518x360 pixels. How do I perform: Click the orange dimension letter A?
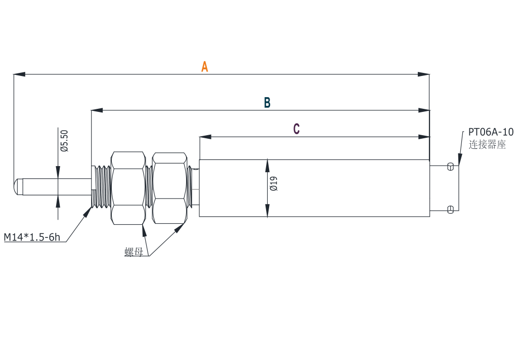(204, 67)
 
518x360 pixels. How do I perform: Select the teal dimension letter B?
(267, 103)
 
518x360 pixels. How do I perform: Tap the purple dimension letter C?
(296, 129)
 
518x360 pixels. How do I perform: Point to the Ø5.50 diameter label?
(64, 141)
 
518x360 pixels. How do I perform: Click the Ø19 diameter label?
(274, 183)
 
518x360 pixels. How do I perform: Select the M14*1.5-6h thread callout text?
(32, 237)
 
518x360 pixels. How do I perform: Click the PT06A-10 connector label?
(490, 132)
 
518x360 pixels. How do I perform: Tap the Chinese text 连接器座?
(487, 145)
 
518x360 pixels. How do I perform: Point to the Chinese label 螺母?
(134, 252)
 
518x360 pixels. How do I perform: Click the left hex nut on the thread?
(128, 188)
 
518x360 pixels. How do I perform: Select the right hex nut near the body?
(169, 188)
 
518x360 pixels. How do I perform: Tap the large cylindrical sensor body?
(314, 188)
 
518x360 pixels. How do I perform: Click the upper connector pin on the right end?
(451, 166)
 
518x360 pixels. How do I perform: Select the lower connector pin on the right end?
(451, 210)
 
